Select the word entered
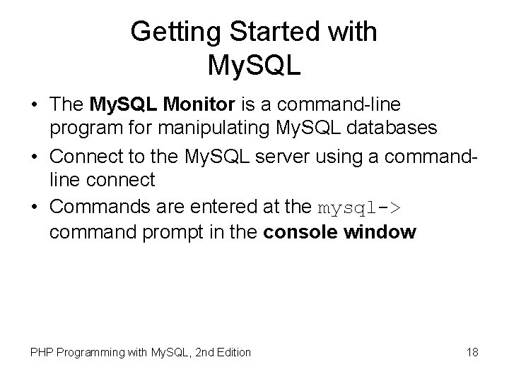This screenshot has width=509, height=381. [x=226, y=207]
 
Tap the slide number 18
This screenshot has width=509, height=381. [x=472, y=351]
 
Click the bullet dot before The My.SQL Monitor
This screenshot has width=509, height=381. [x=34, y=106]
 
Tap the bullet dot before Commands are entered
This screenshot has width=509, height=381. [x=34, y=208]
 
